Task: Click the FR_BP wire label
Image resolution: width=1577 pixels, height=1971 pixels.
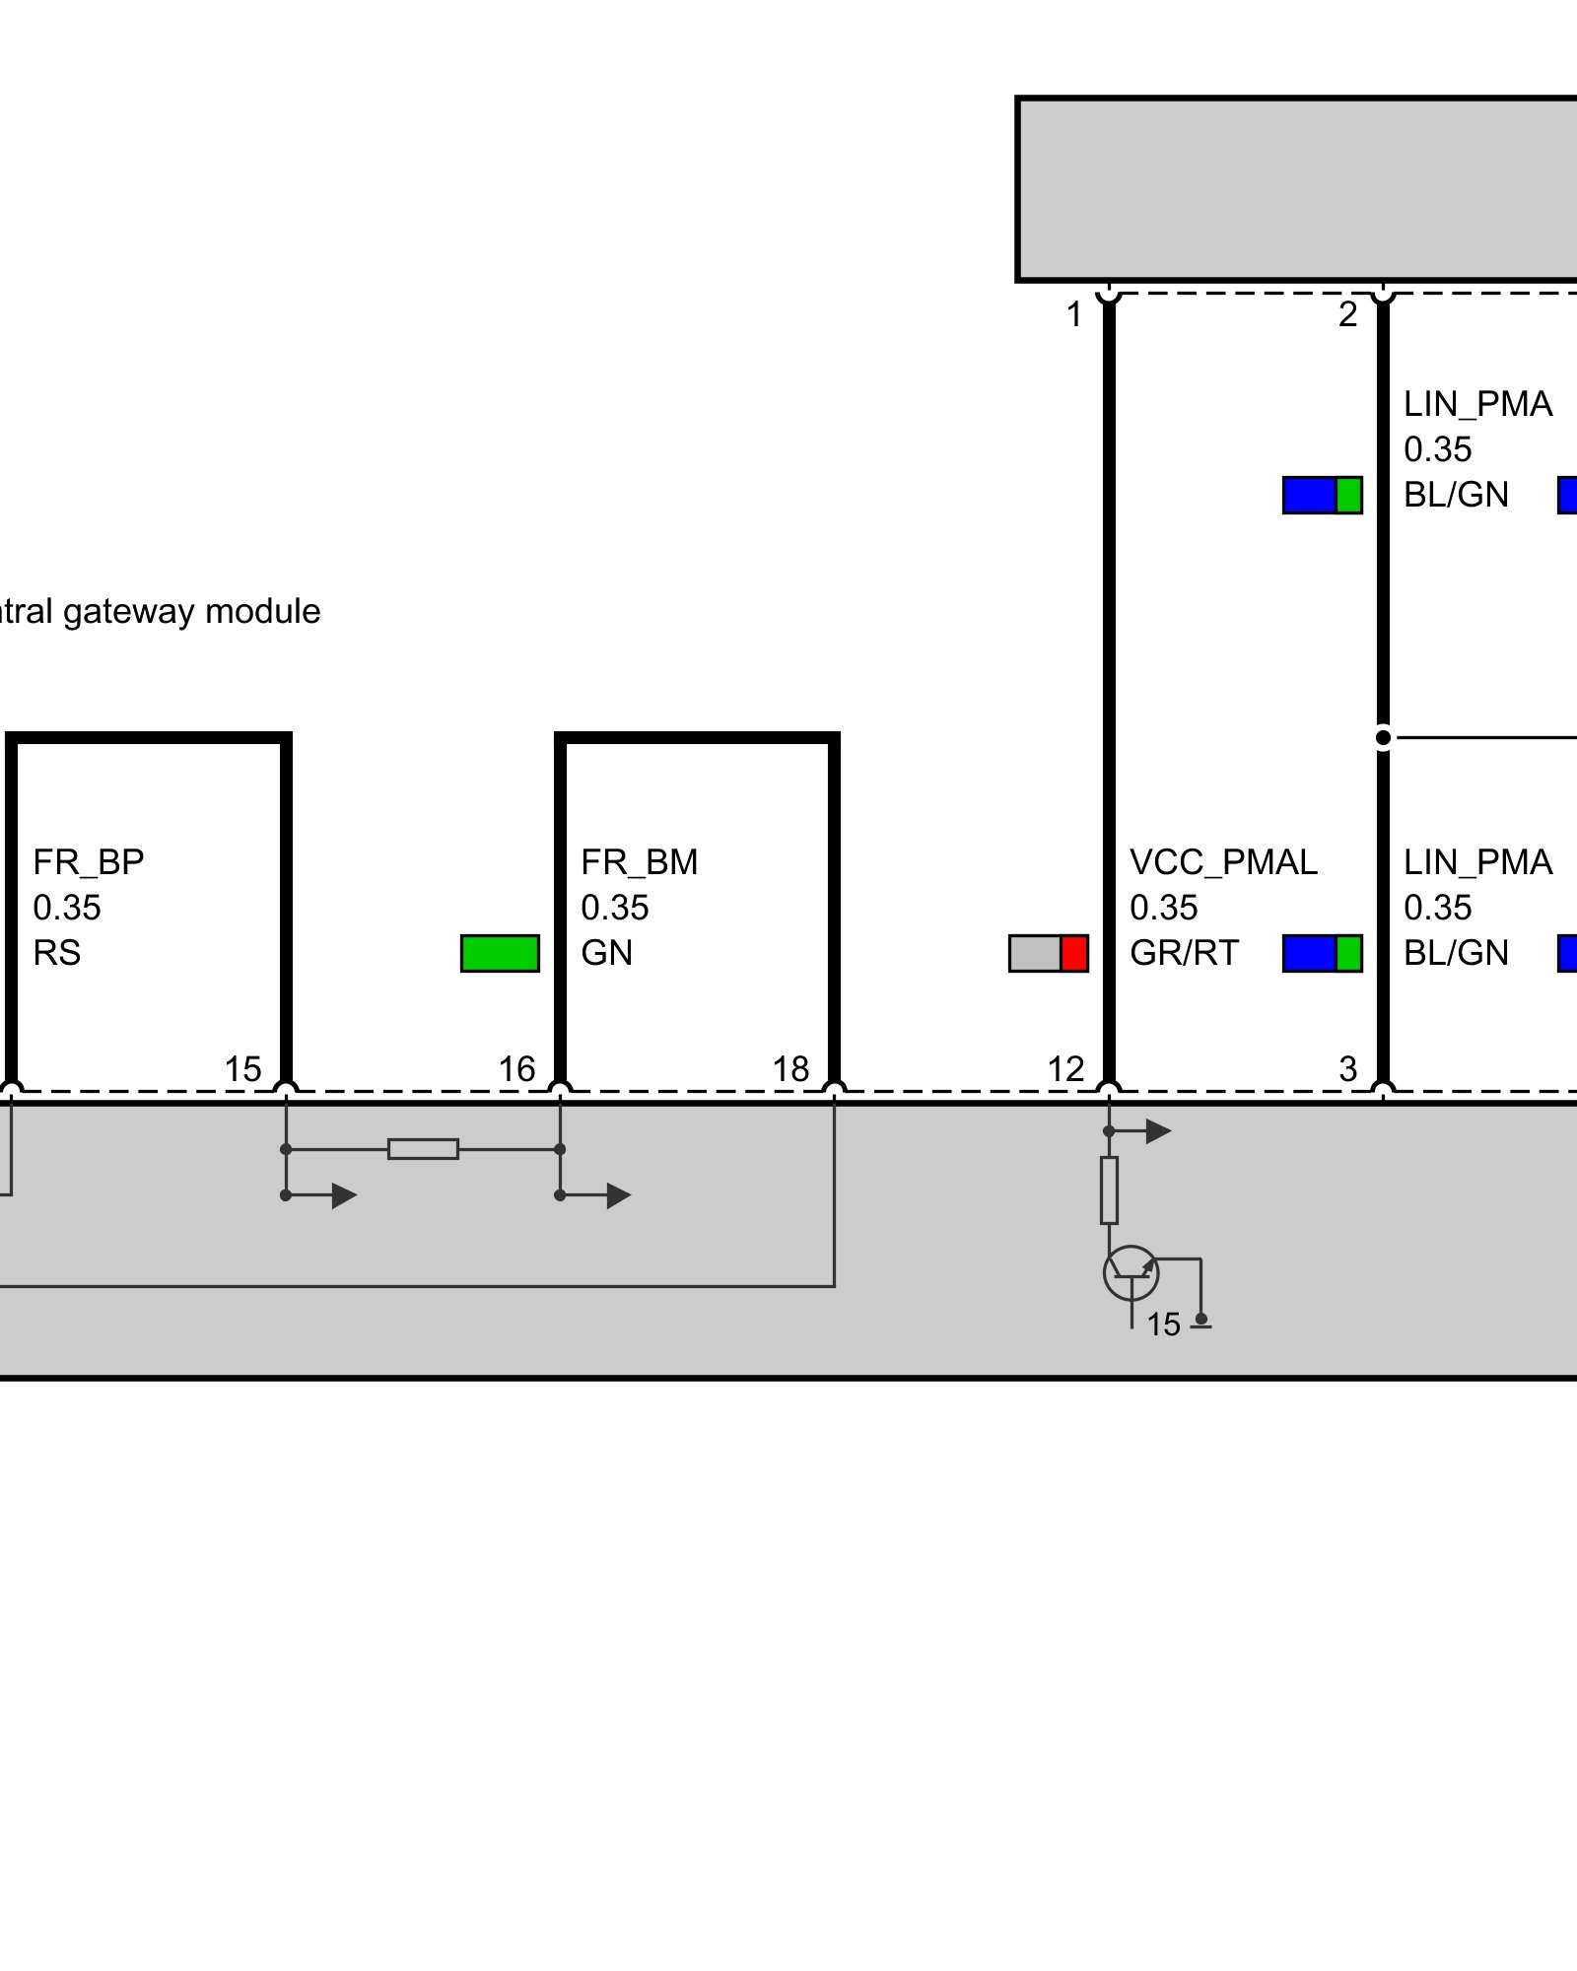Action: (x=89, y=862)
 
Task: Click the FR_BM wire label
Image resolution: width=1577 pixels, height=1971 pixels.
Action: (x=639, y=862)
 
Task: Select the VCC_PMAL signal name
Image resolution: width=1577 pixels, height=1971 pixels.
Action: (x=1222, y=862)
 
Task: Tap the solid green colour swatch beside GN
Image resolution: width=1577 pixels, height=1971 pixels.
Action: (x=500, y=953)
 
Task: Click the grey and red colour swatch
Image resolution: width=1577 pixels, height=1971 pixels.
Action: (x=1048, y=953)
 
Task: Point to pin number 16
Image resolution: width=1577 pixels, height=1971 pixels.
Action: (x=516, y=1069)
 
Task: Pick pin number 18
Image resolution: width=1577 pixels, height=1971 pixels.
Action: (x=790, y=1069)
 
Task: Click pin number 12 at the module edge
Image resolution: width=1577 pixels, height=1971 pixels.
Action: (x=1065, y=1069)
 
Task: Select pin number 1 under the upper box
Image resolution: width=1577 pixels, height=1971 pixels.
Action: (x=1074, y=315)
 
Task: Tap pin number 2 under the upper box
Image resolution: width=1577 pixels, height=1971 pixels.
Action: (x=1347, y=315)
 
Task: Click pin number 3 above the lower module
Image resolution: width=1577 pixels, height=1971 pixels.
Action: (x=1347, y=1069)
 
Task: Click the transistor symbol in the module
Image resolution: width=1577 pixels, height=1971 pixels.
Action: (x=1131, y=1273)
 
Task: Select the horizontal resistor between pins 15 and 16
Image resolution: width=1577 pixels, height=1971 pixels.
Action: (x=423, y=1149)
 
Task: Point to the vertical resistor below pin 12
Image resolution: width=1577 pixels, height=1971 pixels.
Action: (x=1109, y=1190)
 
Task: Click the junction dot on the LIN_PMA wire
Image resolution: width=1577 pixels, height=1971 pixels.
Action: (x=1383, y=737)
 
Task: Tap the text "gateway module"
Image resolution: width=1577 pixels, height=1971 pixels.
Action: (x=191, y=612)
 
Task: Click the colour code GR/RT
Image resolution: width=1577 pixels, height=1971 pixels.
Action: (x=1184, y=953)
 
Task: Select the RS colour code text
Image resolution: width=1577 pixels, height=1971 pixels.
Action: (x=57, y=953)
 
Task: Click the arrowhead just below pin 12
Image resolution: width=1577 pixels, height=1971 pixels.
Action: (x=1159, y=1131)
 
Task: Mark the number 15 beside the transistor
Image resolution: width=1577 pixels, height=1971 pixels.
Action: (x=1163, y=1325)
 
